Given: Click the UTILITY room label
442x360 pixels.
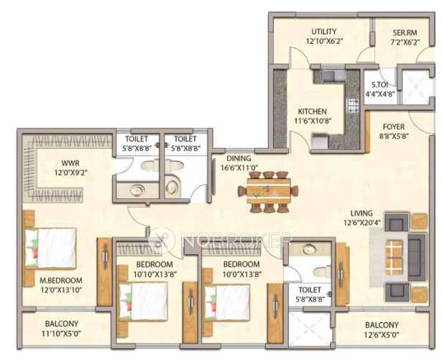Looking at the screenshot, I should (x=324, y=32).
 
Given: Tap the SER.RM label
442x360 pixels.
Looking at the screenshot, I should (x=405, y=32).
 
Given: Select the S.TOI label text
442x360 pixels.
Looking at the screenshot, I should (x=376, y=83).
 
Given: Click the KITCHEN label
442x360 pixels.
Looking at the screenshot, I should (x=313, y=111).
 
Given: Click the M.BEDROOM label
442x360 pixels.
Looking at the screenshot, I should (x=62, y=280).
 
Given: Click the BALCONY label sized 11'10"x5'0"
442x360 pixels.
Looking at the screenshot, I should (x=62, y=324).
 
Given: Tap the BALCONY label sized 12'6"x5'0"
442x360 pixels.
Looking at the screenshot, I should (x=380, y=325).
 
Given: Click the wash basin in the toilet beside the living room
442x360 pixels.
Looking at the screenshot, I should (x=309, y=250).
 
